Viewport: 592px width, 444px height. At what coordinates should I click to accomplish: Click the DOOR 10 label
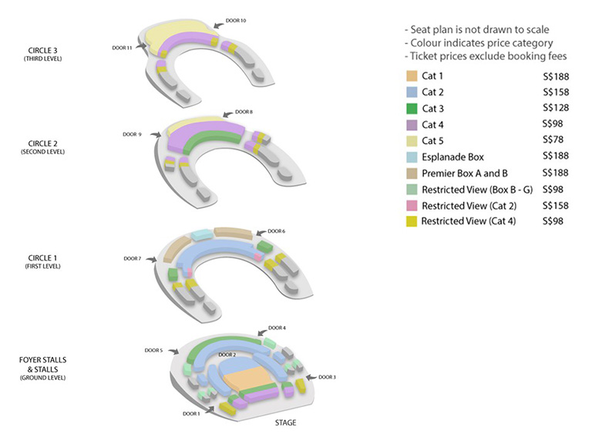(236, 20)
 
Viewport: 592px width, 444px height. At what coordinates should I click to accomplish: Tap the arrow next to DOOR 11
(141, 45)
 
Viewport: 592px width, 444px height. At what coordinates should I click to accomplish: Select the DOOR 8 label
(244, 112)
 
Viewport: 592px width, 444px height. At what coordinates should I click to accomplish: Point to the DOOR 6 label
(277, 231)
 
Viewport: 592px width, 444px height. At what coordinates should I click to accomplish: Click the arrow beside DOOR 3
(311, 377)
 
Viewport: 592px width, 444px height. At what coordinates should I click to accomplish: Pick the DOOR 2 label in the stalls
(227, 355)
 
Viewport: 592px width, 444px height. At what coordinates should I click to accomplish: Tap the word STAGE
(285, 422)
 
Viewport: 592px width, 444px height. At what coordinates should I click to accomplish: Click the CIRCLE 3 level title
(42, 51)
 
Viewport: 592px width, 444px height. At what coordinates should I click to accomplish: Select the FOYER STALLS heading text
(42, 360)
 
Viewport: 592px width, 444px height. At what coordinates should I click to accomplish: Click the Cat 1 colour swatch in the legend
(412, 76)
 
